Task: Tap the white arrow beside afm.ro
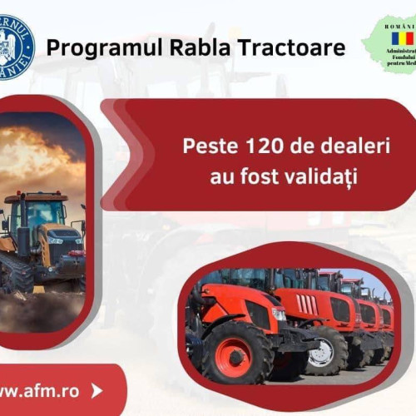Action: pyautogui.click(x=97, y=389)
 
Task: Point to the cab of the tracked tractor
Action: pyautogui.click(x=37, y=212)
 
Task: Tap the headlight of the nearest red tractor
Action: pyautogui.click(x=279, y=314)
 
